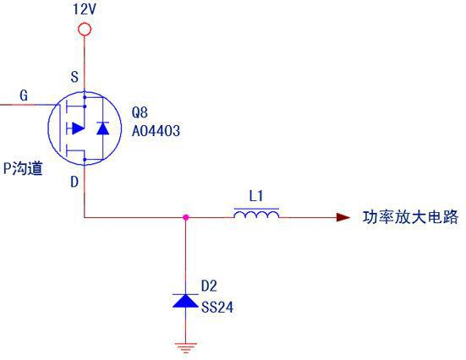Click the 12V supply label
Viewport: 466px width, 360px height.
(85, 9)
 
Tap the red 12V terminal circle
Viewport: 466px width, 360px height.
(85, 30)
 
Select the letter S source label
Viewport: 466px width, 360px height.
(74, 77)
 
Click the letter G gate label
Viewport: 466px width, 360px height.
(24, 95)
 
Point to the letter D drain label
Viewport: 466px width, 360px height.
(74, 182)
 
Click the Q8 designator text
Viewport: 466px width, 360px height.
(140, 112)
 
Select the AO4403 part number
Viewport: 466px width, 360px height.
(156, 131)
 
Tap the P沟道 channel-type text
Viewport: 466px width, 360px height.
(23, 168)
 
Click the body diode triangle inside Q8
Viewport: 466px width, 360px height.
(103, 128)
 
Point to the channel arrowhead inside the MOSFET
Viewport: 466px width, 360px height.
(78, 128)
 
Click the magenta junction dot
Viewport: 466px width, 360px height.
(186, 217)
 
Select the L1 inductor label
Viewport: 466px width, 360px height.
(256, 196)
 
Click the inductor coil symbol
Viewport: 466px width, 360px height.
(256, 214)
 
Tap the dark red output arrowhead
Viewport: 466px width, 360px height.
(343, 217)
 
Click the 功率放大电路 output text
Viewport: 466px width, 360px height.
(411, 217)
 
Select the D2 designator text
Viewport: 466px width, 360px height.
(209, 286)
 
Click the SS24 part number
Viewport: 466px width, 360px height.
(217, 307)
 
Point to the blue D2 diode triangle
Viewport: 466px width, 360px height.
(185, 301)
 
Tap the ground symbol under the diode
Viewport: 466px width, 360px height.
(186, 347)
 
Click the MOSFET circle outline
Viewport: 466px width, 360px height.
(48, 128)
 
